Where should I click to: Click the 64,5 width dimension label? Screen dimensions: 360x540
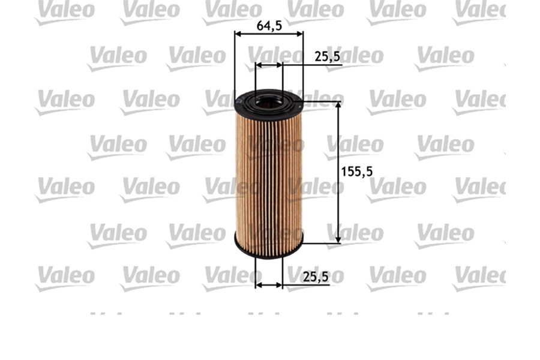[x=269, y=26]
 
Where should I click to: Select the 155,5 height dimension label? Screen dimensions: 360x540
[x=356, y=171]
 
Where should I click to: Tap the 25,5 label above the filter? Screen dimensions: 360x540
[x=328, y=56]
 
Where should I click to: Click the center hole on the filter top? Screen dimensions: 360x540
[x=268, y=100]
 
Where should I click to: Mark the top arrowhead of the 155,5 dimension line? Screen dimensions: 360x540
[x=338, y=106]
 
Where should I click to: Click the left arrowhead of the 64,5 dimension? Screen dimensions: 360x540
[x=238, y=34]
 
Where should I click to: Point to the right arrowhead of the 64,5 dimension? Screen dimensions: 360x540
[x=299, y=34]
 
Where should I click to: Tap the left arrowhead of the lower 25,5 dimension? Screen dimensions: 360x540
[x=259, y=284]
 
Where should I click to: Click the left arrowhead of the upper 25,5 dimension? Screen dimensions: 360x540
[x=259, y=64]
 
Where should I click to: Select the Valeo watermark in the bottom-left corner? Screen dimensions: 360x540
[x=64, y=277]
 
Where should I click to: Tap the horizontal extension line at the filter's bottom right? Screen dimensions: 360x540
[x=321, y=243]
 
